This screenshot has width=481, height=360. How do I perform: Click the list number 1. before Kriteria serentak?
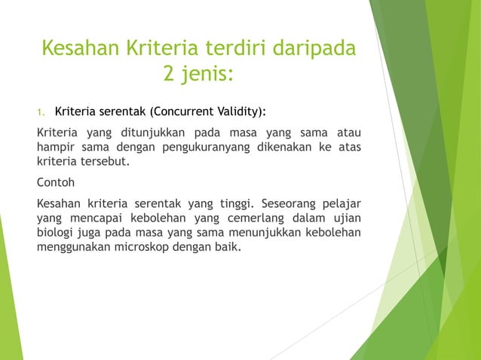41,113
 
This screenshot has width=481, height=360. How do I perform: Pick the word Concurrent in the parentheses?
180,113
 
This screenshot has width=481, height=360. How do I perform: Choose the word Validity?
237,113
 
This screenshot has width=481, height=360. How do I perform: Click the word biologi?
57,230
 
